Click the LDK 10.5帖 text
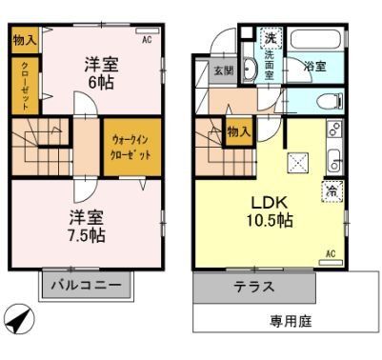271,212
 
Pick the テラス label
254,287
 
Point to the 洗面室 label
269,69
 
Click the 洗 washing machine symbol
269,38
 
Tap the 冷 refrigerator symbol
332,191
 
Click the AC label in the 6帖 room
147,42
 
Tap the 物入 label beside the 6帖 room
25,41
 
